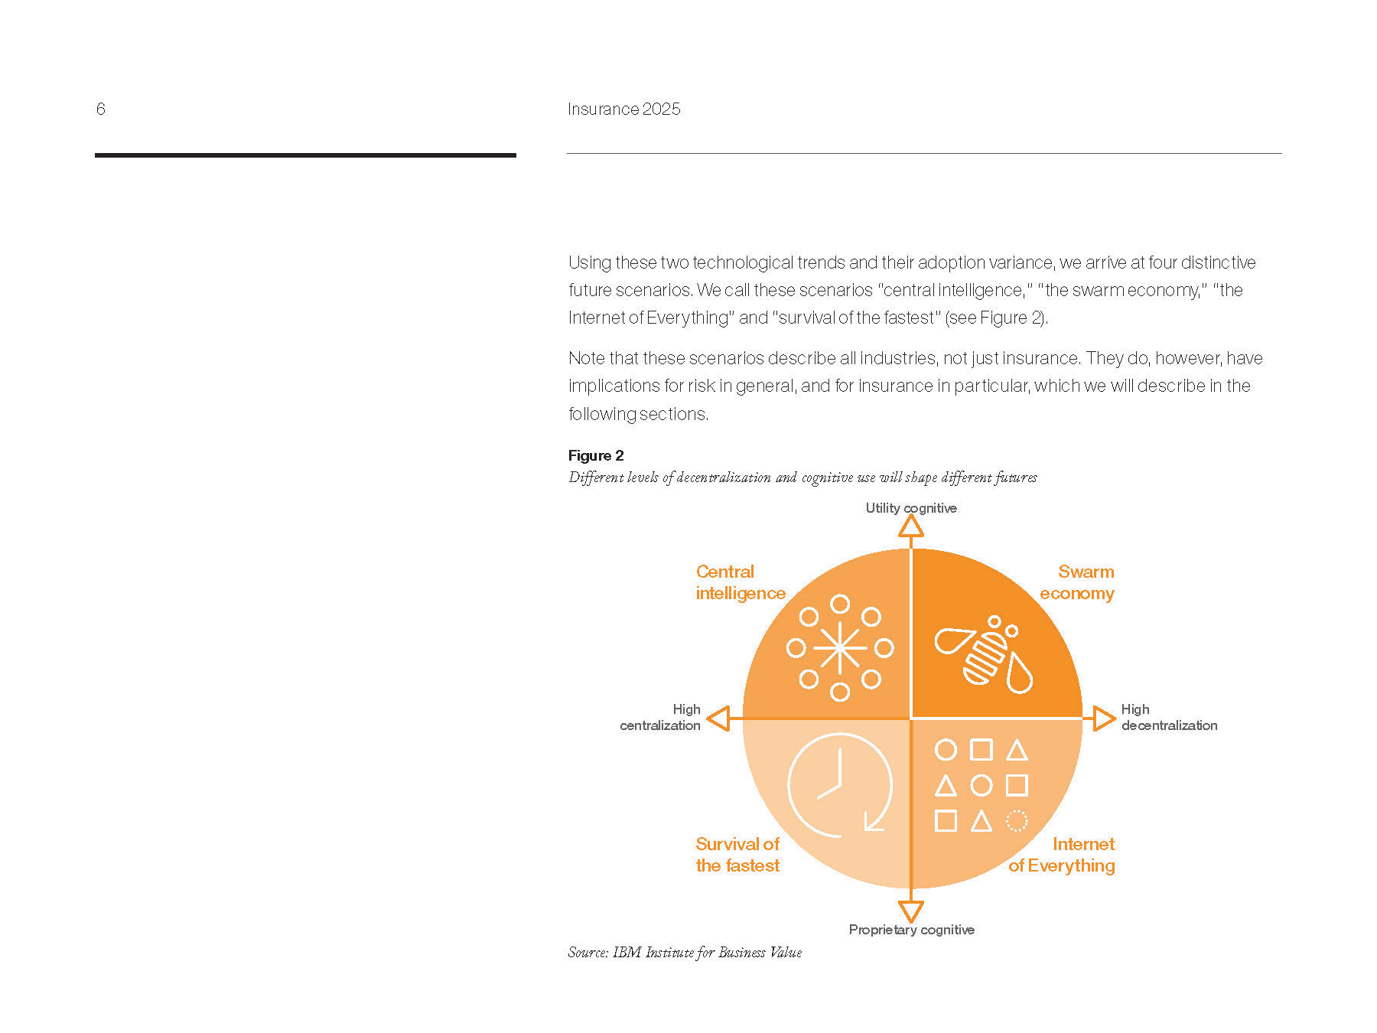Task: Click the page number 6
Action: click(x=100, y=109)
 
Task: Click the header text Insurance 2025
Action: click(x=623, y=109)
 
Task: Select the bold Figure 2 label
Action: click(x=596, y=455)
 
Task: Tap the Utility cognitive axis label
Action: click(x=910, y=507)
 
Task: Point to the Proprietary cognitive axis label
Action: click(x=911, y=929)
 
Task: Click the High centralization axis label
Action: click(x=661, y=717)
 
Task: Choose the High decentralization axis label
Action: click(x=1168, y=717)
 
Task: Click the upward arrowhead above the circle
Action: click(x=910, y=526)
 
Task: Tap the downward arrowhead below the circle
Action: click(x=910, y=911)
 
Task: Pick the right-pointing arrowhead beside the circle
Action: click(x=1103, y=719)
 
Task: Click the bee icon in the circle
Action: click(x=985, y=654)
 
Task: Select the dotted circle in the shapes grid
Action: click(x=1016, y=821)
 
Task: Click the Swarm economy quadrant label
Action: click(x=1076, y=582)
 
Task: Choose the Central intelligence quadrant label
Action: click(x=740, y=582)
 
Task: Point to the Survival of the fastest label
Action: click(x=737, y=855)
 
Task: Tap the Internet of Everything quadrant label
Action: click(x=1062, y=855)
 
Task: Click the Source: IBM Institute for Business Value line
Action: click(x=685, y=953)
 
